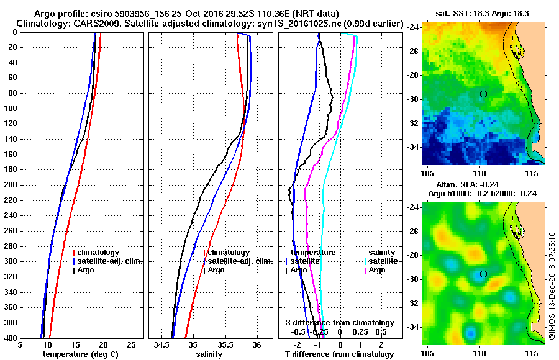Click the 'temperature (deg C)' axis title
pos(81,354)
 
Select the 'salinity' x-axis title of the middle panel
pos(210,354)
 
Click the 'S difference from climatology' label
pos(339,323)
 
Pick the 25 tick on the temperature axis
pos(130,346)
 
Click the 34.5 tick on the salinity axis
pos(162,346)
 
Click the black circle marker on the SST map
pos(483,94)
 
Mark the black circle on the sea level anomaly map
pos(483,274)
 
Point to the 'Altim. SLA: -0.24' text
pos(476,184)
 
